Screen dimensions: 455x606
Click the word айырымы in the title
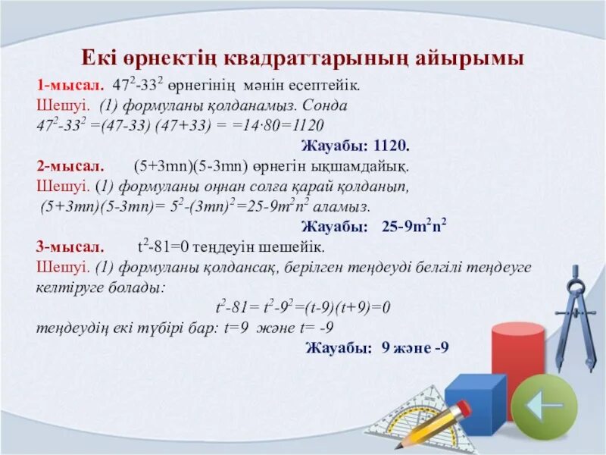(x=476, y=58)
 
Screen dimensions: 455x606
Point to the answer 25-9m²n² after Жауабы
(x=414, y=226)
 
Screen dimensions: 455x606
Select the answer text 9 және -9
(x=415, y=348)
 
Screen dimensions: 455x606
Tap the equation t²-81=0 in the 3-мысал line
(x=163, y=247)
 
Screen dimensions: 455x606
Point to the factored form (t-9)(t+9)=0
(x=344, y=308)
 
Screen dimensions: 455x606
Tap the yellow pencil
(x=433, y=422)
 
